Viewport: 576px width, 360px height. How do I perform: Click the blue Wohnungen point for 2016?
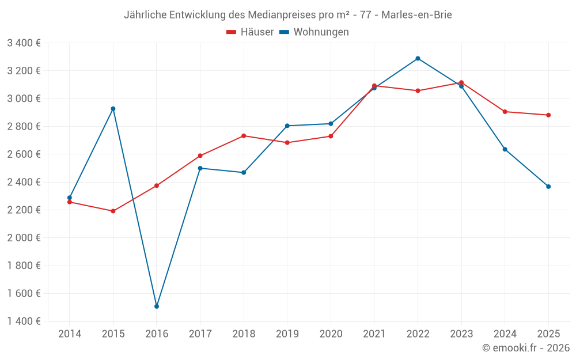click(x=157, y=306)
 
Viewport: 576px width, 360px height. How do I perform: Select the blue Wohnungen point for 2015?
click(x=113, y=109)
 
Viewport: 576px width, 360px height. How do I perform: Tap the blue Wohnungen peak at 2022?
click(x=418, y=58)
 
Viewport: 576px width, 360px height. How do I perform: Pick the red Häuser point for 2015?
click(x=113, y=211)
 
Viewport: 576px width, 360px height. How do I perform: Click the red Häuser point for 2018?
click(x=244, y=136)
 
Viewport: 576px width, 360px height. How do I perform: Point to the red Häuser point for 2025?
click(x=548, y=115)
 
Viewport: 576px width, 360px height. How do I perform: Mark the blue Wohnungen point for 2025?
click(x=548, y=187)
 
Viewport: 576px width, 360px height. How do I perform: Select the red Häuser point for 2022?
click(x=418, y=90)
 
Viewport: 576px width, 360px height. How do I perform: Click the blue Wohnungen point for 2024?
click(x=505, y=149)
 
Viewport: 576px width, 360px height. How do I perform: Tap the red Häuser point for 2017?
click(x=200, y=156)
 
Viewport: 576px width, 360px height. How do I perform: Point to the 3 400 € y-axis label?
click(x=24, y=43)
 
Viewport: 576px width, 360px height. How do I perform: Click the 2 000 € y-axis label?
click(x=24, y=238)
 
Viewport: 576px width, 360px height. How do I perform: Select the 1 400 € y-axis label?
click(x=24, y=321)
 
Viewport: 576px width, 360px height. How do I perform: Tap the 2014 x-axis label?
click(x=70, y=334)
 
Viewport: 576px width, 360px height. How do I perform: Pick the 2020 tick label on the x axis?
click(x=331, y=334)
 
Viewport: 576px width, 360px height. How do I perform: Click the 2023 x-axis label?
click(x=461, y=334)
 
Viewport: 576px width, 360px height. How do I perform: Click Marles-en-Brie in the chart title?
click(x=416, y=15)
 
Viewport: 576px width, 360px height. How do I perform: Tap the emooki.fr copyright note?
click(x=526, y=348)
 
